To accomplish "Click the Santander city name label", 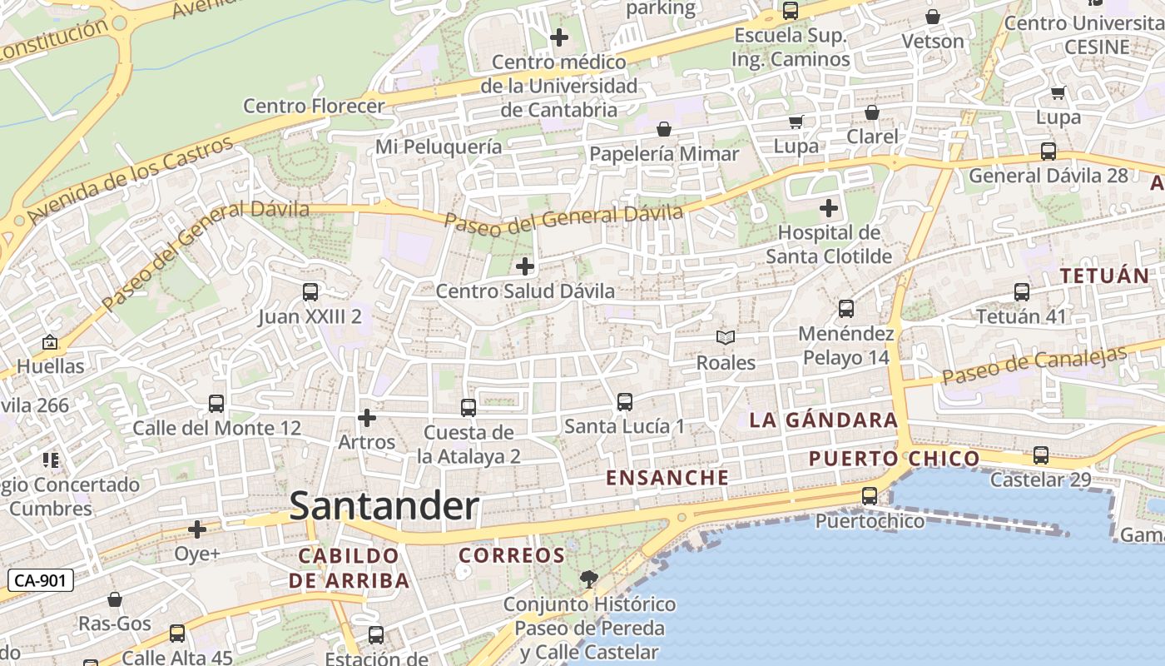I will click(384, 506).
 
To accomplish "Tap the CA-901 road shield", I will click(41, 580).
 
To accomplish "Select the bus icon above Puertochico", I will click(869, 496).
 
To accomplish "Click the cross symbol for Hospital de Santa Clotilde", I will click(828, 207).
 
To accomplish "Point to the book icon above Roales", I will click(726, 337).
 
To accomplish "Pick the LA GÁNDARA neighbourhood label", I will click(823, 420).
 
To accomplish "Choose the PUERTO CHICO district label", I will click(894, 458).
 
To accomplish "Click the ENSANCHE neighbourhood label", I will click(667, 478).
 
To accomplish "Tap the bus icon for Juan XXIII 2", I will click(310, 292).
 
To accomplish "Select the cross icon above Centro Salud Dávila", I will click(525, 266).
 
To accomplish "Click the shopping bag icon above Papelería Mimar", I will click(664, 129).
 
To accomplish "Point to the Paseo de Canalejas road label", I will click(1034, 365).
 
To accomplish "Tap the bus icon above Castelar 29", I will click(1040, 455).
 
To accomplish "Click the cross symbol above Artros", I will click(366, 417).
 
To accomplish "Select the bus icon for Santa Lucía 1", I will click(625, 402).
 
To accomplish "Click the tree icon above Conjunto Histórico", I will click(588, 579).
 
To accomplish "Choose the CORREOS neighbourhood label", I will click(512, 555).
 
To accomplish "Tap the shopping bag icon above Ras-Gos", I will click(115, 599).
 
